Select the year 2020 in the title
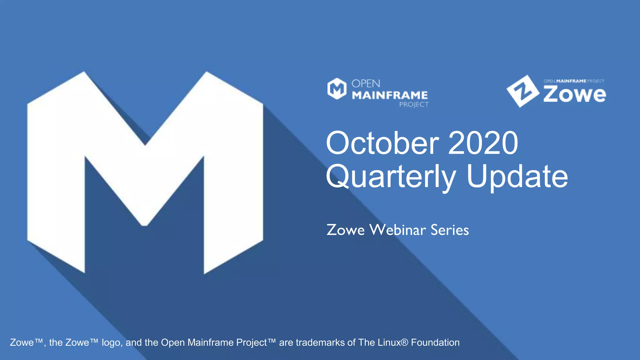click(x=483, y=143)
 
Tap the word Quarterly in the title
click(x=391, y=177)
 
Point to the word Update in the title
click(x=517, y=177)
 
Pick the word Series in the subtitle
click(x=450, y=230)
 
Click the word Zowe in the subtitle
click(x=345, y=230)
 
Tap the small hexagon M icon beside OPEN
click(x=337, y=89)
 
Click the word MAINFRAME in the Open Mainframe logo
click(x=390, y=95)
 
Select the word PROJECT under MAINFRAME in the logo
click(x=414, y=104)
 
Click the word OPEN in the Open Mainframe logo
click(x=366, y=84)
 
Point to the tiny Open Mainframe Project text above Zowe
click(x=574, y=81)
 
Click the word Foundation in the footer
click(x=435, y=342)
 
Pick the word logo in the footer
click(x=112, y=343)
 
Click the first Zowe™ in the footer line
click(x=26, y=342)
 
